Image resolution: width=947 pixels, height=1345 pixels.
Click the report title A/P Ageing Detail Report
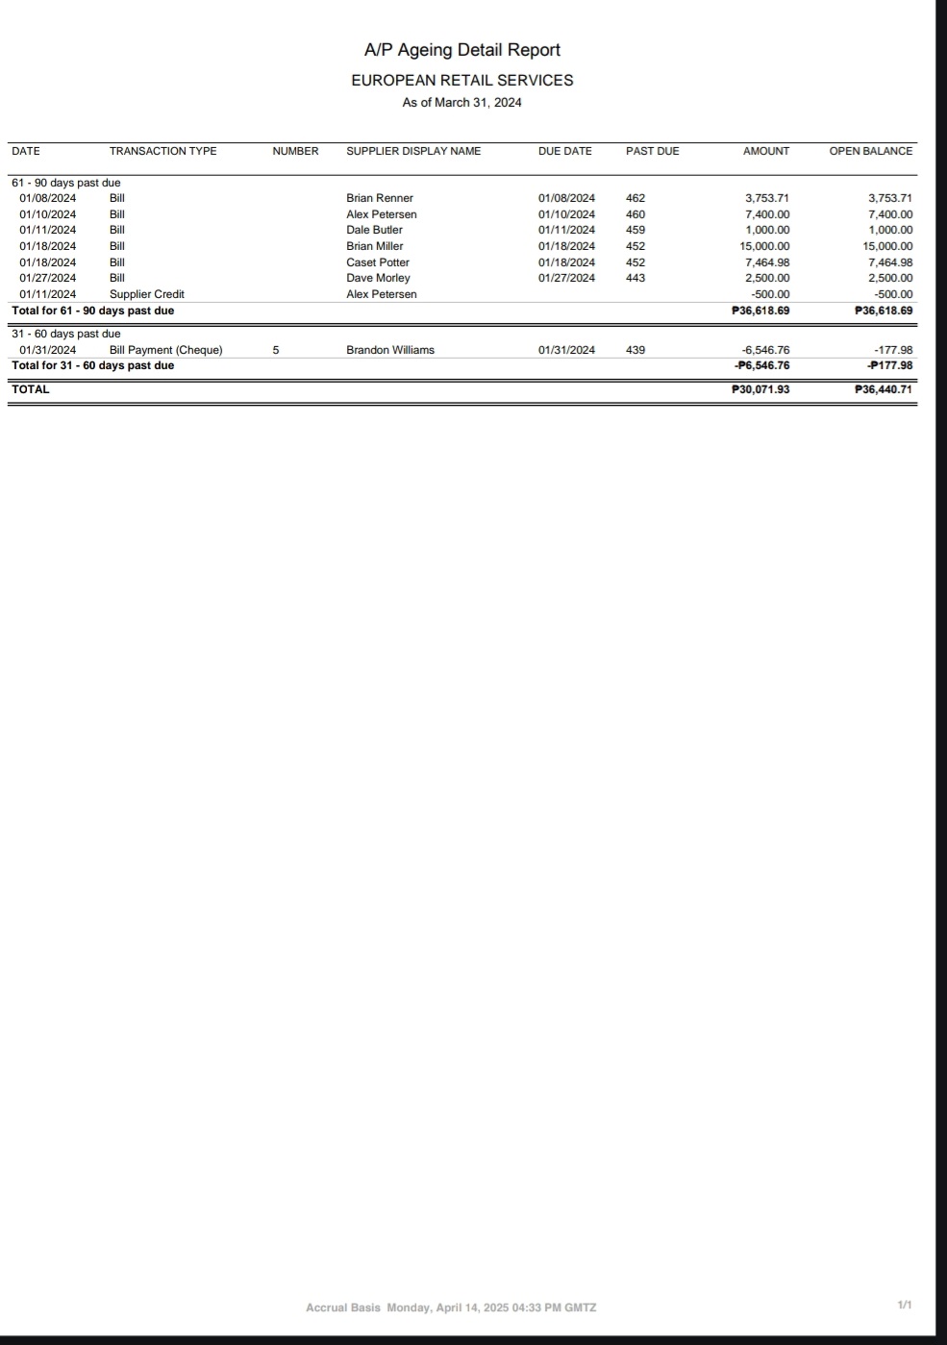[461, 50]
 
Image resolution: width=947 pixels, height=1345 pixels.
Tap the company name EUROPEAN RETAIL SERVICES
[461, 81]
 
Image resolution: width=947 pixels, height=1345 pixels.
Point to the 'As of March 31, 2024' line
[461, 103]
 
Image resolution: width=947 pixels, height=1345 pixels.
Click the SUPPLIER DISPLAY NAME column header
[413, 151]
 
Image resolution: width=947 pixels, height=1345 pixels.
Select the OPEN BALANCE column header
[870, 151]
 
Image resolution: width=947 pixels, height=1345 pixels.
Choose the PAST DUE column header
[652, 151]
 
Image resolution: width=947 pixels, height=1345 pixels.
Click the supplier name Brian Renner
[380, 198]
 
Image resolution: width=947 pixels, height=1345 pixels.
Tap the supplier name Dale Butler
[374, 230]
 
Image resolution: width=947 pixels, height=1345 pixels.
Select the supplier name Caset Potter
[378, 262]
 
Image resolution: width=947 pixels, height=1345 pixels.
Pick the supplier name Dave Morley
[378, 278]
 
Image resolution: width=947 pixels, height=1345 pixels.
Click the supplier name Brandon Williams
[390, 350]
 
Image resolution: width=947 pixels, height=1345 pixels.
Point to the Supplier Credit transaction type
[146, 294]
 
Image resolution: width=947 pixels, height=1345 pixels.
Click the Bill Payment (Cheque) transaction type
[165, 350]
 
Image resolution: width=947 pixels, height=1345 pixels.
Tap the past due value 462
[635, 198]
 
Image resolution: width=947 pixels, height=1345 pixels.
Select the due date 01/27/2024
[566, 278]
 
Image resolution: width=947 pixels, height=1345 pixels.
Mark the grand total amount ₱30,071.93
[760, 389]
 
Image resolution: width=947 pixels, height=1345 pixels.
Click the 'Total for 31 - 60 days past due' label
[92, 365]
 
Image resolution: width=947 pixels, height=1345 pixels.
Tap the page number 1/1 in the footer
[904, 1305]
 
